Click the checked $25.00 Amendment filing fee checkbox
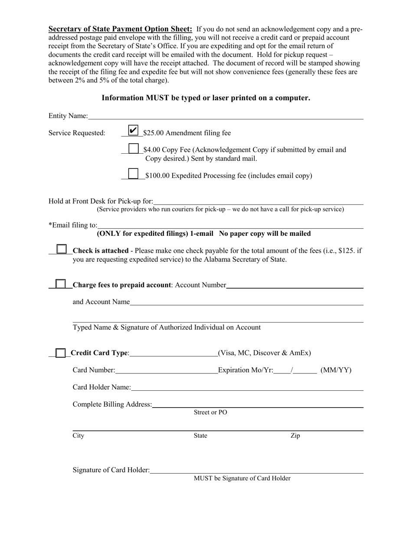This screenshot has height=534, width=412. tap(134, 130)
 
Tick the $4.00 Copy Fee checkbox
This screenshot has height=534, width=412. tap(134, 148)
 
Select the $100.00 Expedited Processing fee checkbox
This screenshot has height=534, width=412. tap(134, 174)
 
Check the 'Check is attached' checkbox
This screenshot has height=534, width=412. tap(62, 249)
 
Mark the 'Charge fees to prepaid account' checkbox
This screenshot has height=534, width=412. tap(61, 284)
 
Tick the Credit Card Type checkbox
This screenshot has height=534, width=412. tap(61, 353)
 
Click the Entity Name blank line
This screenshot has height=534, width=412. tap(226, 116)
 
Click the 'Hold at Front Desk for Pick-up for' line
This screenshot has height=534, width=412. tap(258, 201)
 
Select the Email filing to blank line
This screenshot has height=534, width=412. tap(230, 225)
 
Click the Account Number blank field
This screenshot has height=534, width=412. tap(295, 285)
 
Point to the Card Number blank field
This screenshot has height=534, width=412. tap(167, 370)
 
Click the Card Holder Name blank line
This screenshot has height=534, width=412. tap(247, 387)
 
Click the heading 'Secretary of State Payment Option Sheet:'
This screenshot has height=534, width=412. tap(120, 30)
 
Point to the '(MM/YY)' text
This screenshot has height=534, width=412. tap(336, 370)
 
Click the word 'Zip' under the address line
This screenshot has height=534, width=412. tap(295, 435)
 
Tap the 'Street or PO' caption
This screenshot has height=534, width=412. tap(210, 412)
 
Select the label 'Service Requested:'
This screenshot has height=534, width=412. tap(77, 133)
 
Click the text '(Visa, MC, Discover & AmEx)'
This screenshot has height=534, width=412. tap(265, 353)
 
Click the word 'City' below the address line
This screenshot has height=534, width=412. tap(78, 435)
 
